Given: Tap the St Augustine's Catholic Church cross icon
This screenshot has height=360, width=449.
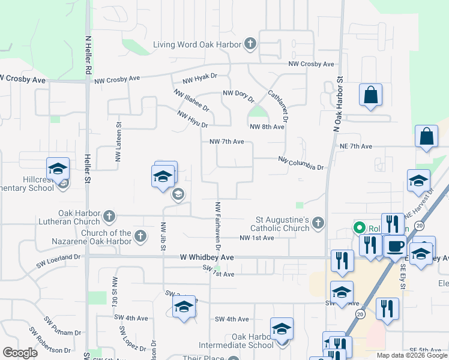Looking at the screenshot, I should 318,224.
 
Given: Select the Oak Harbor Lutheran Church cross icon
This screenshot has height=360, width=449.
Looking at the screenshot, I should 109,216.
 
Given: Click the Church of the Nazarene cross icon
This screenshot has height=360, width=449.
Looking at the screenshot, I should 140,235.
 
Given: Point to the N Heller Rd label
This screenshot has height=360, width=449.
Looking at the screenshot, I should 88,56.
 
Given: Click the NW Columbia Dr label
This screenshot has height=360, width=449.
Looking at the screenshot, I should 301,163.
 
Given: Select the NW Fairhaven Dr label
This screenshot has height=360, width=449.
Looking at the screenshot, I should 218,227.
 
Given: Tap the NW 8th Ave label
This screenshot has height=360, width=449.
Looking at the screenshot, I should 267,127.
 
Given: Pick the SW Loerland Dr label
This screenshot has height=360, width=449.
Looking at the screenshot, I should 58,257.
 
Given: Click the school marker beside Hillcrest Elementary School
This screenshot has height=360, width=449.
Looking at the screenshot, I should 58,170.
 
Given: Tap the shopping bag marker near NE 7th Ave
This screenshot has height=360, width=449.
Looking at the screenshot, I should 426,137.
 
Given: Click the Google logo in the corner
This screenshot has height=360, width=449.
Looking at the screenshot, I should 20,353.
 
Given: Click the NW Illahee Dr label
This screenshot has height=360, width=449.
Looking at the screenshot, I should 191,100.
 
